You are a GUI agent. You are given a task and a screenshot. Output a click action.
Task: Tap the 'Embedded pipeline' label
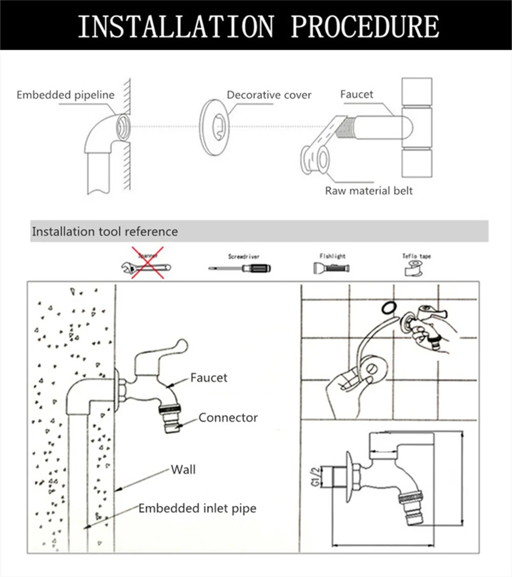pos(66,95)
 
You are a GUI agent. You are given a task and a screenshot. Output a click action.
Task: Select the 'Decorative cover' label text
pos(269,95)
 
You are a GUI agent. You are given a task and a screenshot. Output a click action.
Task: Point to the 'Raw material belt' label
pos(369,191)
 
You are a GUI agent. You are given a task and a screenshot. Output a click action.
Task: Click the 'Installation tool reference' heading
pos(105,231)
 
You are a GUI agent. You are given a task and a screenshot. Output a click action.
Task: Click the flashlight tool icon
pos(331,267)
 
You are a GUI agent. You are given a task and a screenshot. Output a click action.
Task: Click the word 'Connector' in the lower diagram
pos(228,418)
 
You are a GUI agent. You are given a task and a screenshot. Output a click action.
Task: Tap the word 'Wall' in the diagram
pos(183,469)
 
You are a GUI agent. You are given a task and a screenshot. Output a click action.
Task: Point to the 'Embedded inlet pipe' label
pos(197,508)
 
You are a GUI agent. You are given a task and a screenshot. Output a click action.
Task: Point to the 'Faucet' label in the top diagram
pos(357,94)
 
